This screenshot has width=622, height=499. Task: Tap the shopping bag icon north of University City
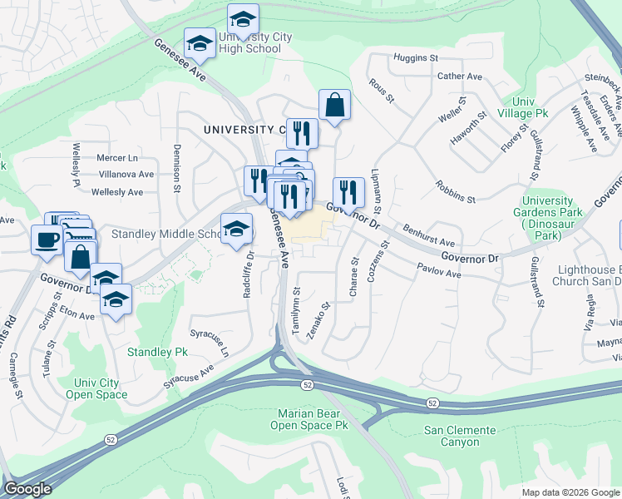[x=334, y=106]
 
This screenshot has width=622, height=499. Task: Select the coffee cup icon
[x=47, y=240]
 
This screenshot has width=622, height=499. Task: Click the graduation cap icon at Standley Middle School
[x=236, y=228]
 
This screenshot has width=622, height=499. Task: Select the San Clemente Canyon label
[x=460, y=436]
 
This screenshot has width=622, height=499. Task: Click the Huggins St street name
[x=416, y=58]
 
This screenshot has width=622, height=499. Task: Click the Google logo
[x=27, y=489]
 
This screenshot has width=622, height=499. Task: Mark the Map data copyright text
[x=570, y=492]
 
